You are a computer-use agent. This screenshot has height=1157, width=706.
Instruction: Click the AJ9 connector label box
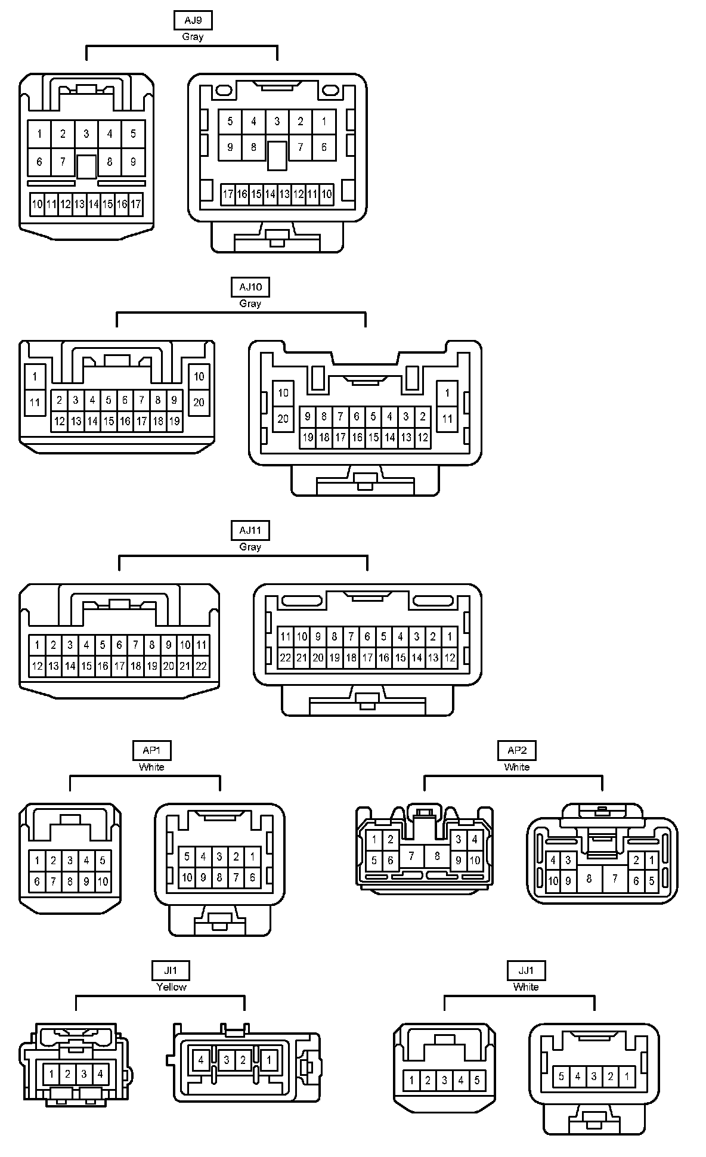193,20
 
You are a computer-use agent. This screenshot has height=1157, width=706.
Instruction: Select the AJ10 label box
250,287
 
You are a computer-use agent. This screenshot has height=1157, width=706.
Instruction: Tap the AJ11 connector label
250,530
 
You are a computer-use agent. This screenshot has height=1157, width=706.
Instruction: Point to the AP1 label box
151,750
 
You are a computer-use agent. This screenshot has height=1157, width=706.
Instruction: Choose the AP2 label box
517,750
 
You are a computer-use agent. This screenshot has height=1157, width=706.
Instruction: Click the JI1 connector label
171,970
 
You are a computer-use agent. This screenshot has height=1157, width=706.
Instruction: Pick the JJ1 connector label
527,970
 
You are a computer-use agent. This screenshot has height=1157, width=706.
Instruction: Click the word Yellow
171,987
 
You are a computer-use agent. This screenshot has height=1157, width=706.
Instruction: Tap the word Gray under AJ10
250,304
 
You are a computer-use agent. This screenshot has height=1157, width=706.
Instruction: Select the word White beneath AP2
517,767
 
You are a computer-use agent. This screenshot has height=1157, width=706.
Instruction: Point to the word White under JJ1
526,987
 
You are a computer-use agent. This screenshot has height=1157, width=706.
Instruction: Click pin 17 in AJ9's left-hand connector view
136,204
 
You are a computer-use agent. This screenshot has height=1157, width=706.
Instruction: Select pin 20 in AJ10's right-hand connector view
283,419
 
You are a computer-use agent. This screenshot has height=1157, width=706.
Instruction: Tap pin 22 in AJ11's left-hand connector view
201,666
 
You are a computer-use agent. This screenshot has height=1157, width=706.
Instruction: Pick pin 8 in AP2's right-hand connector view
589,878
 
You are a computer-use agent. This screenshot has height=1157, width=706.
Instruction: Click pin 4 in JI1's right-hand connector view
201,1060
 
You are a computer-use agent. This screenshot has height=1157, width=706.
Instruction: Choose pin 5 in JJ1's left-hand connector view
477,1080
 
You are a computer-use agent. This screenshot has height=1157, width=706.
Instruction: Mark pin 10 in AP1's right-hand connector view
187,877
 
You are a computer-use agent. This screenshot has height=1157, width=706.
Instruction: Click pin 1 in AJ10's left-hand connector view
35,376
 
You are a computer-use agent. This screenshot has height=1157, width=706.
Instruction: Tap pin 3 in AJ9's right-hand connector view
277,122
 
